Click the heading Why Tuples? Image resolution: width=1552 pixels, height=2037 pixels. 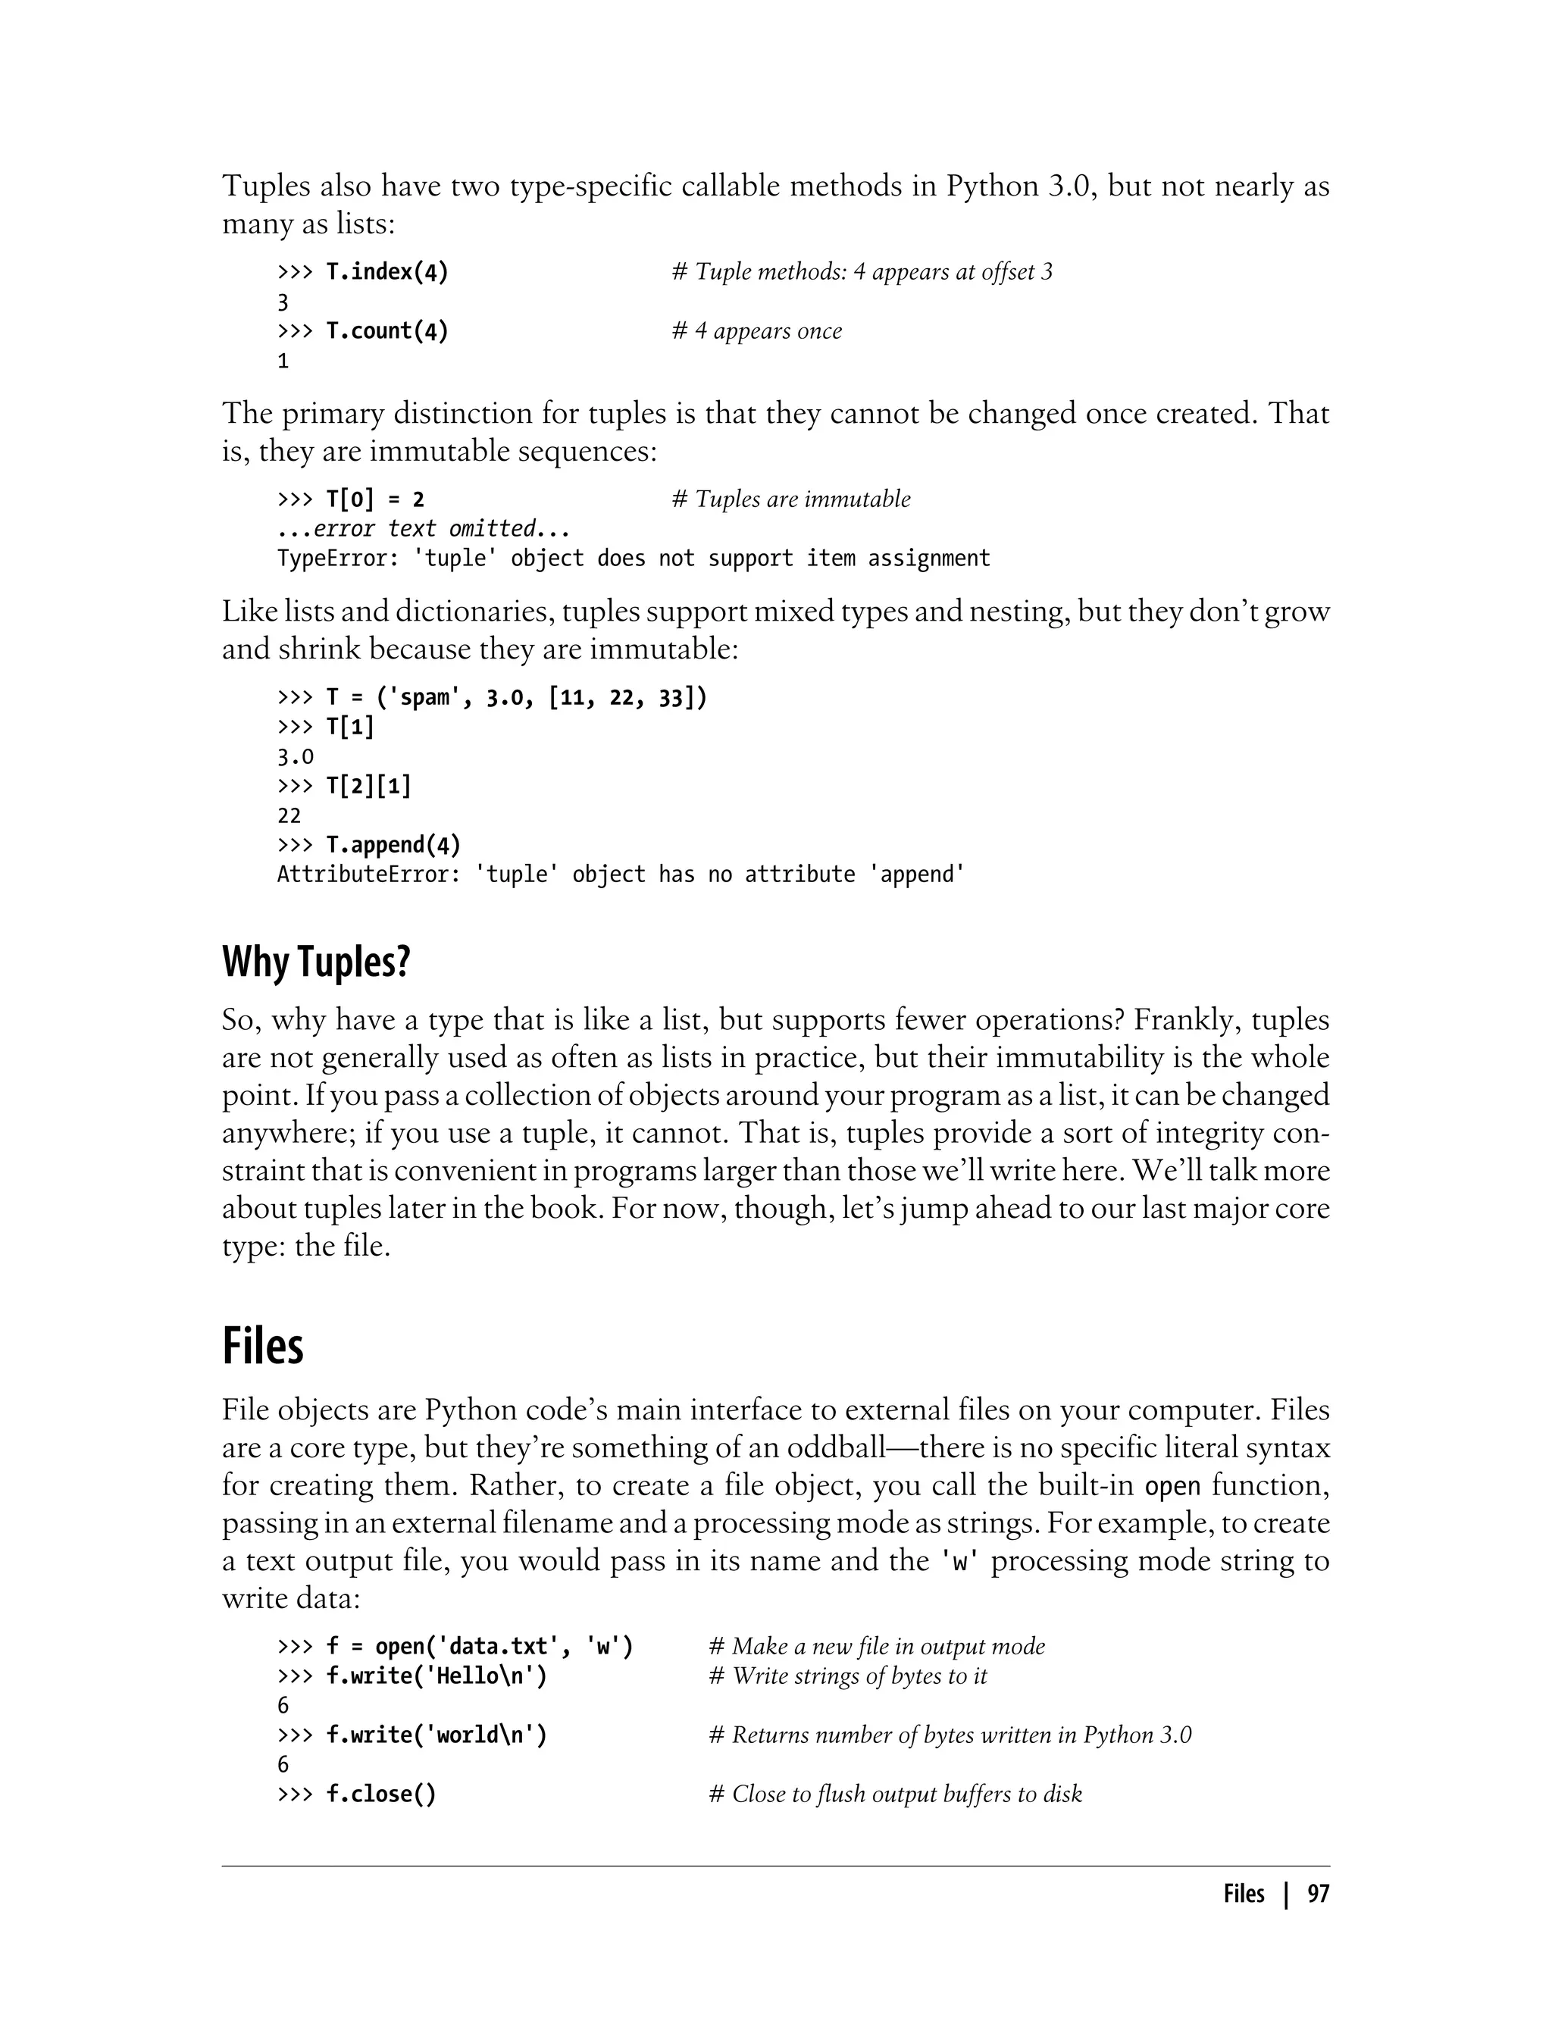(316, 962)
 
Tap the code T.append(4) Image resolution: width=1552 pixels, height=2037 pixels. (393, 844)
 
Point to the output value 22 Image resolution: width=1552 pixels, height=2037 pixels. (289, 815)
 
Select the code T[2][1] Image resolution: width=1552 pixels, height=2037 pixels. (368, 785)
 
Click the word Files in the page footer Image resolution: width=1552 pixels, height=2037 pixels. (1244, 1894)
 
